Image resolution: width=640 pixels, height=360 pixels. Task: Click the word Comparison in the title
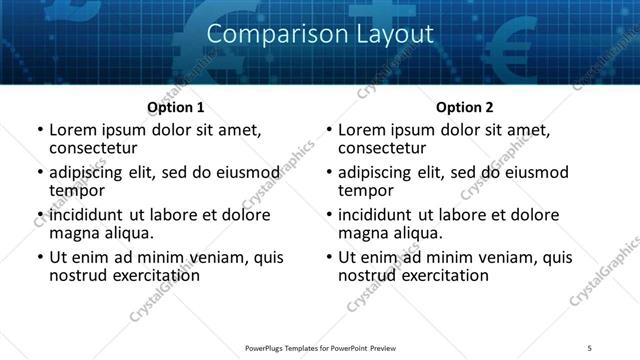coord(263,33)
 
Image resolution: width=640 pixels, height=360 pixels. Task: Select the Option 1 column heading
coord(175,107)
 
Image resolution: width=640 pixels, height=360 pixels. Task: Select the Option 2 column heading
coord(465,107)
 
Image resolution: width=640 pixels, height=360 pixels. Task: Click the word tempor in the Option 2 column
coord(365,190)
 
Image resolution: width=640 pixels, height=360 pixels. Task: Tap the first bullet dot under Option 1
coord(40,131)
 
